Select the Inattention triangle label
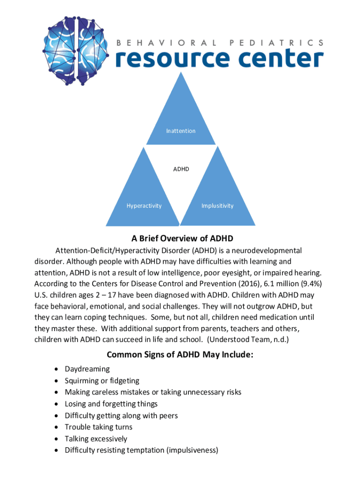(x=180, y=131)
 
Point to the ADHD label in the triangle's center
(x=181, y=168)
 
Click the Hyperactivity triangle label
(x=144, y=206)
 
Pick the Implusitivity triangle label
(x=217, y=206)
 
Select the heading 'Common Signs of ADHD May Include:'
(x=180, y=355)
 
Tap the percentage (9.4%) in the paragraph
(x=309, y=283)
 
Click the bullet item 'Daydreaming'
(x=87, y=369)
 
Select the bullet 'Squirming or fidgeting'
(x=102, y=381)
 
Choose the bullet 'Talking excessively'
(x=96, y=439)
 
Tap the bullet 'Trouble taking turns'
(x=99, y=427)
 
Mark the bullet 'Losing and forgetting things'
(x=111, y=404)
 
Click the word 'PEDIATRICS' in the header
(x=276, y=42)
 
